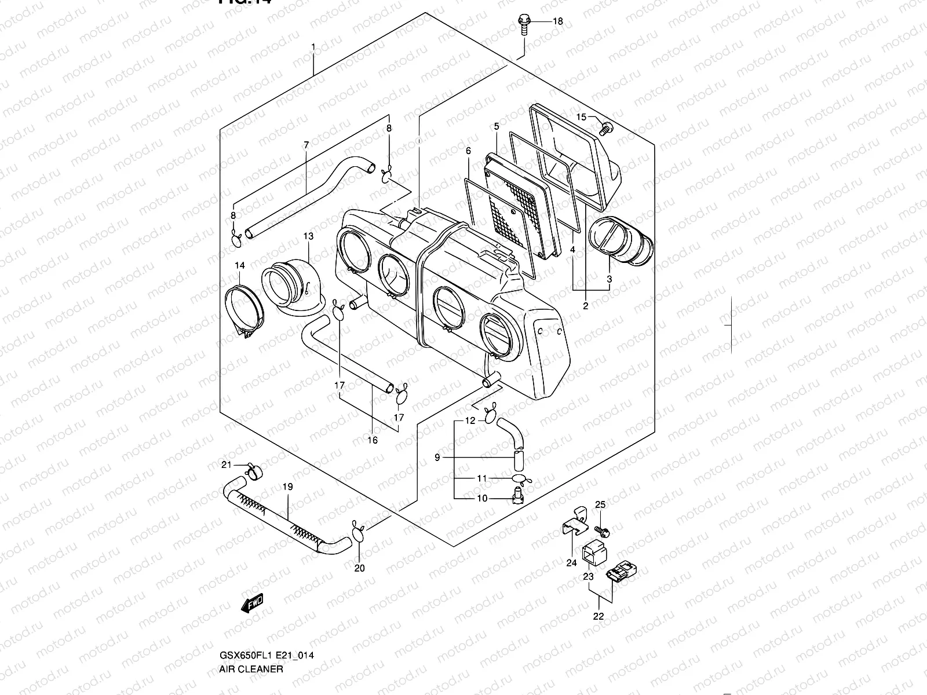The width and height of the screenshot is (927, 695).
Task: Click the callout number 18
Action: tap(557, 22)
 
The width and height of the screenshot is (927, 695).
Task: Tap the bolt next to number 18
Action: tap(523, 24)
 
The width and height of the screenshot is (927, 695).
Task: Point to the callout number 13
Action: tap(308, 236)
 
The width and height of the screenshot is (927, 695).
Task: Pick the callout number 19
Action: tap(288, 488)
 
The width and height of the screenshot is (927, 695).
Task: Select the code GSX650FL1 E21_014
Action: tap(267, 656)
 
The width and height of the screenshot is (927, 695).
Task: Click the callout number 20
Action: tap(360, 568)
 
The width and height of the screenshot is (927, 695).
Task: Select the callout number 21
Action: tap(227, 465)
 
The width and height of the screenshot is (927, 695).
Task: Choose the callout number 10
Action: tap(482, 499)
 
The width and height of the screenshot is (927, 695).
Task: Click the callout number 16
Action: tap(373, 441)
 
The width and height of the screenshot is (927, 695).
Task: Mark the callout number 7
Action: tap(306, 144)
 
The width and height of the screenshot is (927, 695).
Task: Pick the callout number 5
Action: tap(497, 126)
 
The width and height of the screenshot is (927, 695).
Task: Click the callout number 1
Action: tap(313, 46)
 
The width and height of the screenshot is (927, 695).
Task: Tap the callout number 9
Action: tap(437, 458)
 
